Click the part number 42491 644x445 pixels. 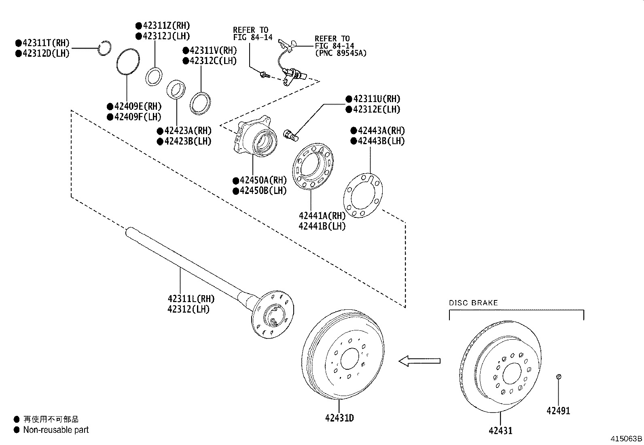(x=558, y=411)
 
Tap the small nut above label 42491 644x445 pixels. (x=558, y=377)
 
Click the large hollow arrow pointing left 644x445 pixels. (x=419, y=360)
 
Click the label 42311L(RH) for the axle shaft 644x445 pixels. (x=191, y=299)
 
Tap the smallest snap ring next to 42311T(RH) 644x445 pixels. (x=104, y=48)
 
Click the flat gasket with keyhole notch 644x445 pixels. (x=362, y=196)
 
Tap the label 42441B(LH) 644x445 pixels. (x=322, y=226)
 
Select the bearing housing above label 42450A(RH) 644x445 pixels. (x=257, y=138)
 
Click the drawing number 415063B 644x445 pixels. (x=626, y=439)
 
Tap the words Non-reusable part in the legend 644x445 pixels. (x=56, y=430)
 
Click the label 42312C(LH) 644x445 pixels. (x=210, y=61)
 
